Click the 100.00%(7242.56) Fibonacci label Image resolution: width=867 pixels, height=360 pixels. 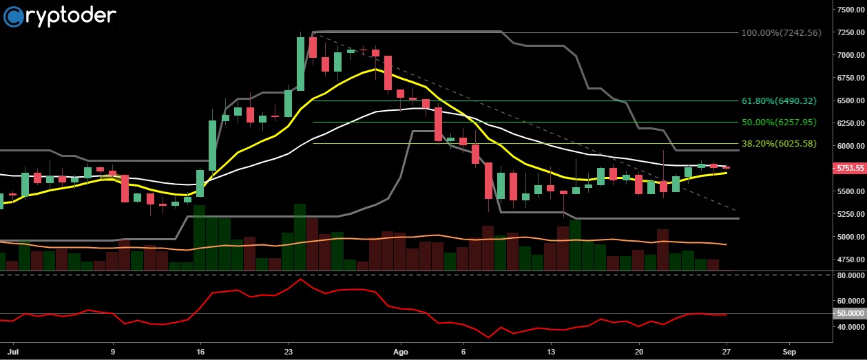pyautogui.click(x=781, y=32)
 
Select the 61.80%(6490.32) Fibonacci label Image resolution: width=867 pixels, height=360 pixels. pyautogui.click(x=779, y=100)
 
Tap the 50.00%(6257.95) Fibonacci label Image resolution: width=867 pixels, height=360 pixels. pyautogui.click(x=779, y=122)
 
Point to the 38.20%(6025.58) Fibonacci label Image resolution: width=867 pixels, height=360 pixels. pyautogui.click(x=779, y=143)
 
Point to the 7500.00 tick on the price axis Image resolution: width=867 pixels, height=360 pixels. pyautogui.click(x=849, y=10)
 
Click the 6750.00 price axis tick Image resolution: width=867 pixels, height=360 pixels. pyautogui.click(x=849, y=78)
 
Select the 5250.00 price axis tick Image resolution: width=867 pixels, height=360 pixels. pyautogui.click(x=849, y=214)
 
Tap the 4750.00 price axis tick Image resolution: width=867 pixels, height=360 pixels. pyautogui.click(x=849, y=260)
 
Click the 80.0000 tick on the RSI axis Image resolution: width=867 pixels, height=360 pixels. pyautogui.click(x=849, y=275)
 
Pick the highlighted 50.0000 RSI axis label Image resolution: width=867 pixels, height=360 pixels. pyautogui.click(x=849, y=313)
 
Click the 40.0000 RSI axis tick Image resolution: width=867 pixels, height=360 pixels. pyautogui.click(x=849, y=326)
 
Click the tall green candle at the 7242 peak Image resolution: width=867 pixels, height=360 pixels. pyautogui.click(x=301, y=63)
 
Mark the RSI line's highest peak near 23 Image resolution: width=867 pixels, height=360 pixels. pyautogui.click(x=300, y=279)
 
